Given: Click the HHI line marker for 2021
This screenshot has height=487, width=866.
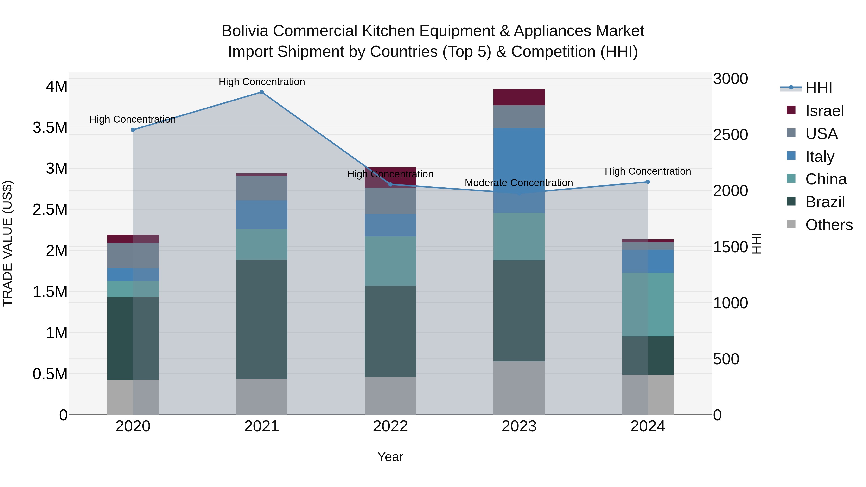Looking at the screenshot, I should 261,92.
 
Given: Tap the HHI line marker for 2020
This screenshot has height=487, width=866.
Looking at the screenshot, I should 133,130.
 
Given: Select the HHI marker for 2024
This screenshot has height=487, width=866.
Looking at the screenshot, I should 648,182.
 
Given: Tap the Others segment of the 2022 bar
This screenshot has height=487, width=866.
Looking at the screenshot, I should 390,396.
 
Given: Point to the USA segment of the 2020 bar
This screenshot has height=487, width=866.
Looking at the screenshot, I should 133,255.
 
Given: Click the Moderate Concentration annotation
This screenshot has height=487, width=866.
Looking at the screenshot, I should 519,183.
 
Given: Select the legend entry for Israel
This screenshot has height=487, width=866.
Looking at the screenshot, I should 824,111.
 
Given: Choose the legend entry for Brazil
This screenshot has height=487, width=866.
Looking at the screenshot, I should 825,202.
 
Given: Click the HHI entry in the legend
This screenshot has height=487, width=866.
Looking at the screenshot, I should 819,88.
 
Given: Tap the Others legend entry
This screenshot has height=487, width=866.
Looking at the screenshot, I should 829,225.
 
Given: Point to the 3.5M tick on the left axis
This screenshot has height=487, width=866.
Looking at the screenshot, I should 50,128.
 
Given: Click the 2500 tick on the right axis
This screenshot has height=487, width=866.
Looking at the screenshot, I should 731,135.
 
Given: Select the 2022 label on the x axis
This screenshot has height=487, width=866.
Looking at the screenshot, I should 390,426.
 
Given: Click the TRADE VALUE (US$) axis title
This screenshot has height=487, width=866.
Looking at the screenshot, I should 7,243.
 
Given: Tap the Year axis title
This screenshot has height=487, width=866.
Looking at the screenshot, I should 390,457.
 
